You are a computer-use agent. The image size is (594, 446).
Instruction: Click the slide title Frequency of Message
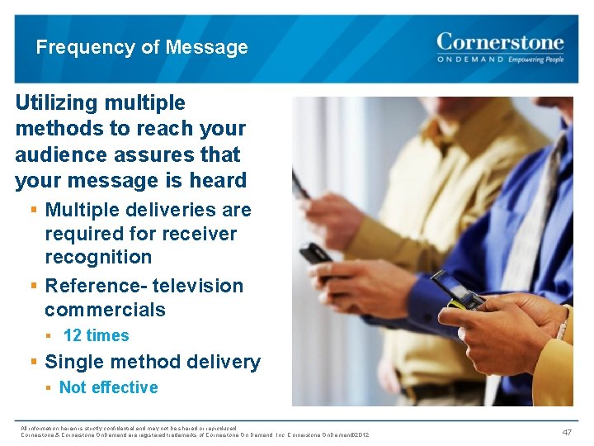pos(141,47)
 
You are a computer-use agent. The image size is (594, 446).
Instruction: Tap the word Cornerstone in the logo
pos(500,41)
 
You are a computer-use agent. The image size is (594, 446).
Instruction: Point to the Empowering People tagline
pos(535,60)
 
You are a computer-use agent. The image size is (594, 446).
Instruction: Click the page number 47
pos(567,432)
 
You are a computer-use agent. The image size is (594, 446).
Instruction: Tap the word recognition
pos(98,257)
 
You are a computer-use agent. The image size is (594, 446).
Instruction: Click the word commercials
pos(105,310)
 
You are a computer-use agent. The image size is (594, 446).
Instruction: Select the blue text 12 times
pos(96,335)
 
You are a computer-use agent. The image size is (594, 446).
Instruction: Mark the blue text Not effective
pos(108,387)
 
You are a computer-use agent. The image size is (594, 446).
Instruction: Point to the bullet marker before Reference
pos(34,286)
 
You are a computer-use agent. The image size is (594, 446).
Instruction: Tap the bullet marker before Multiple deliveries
pos(34,210)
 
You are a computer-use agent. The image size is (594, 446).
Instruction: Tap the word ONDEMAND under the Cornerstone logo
pos(469,60)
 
